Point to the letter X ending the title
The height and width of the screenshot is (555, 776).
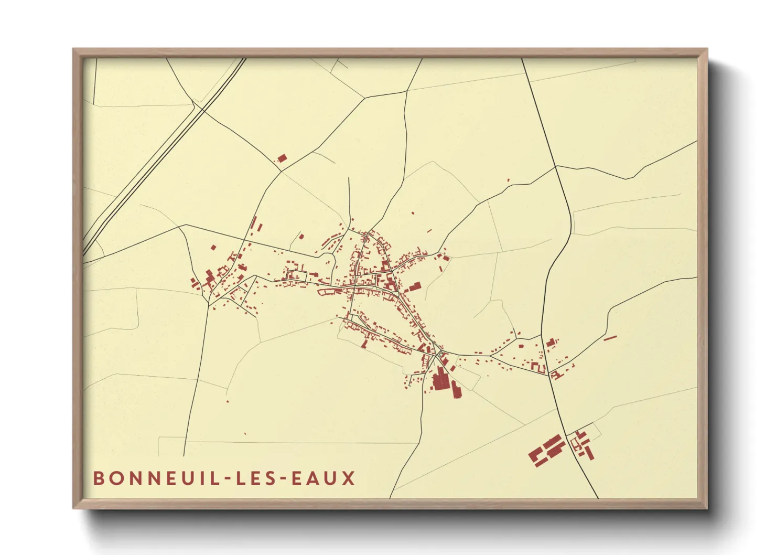point(349,478)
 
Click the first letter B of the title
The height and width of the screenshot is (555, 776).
point(99,478)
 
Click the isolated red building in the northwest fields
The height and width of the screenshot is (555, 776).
point(282,158)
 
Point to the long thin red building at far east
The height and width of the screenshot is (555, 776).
point(610,338)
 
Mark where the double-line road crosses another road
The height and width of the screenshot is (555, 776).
point(198,108)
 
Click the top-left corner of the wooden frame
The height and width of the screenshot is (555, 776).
point(74,50)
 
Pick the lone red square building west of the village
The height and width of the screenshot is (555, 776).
point(213,247)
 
